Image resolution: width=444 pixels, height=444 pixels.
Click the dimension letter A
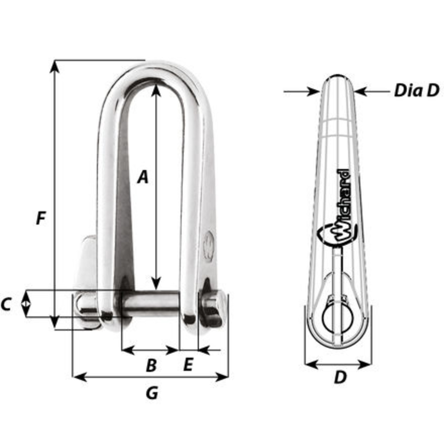[x=143, y=177]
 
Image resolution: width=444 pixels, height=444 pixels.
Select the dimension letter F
[x=41, y=218]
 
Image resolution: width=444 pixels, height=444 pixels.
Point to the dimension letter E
[x=188, y=365]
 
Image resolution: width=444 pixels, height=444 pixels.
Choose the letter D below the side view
[x=340, y=377]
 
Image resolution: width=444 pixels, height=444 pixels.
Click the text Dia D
[x=416, y=91]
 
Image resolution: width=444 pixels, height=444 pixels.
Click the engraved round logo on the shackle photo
[x=209, y=247]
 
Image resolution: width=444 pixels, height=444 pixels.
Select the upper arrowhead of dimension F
[x=55, y=66]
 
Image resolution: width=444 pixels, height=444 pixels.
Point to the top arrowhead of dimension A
[x=156, y=90]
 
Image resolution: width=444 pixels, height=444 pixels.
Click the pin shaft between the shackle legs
[x=151, y=304]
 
